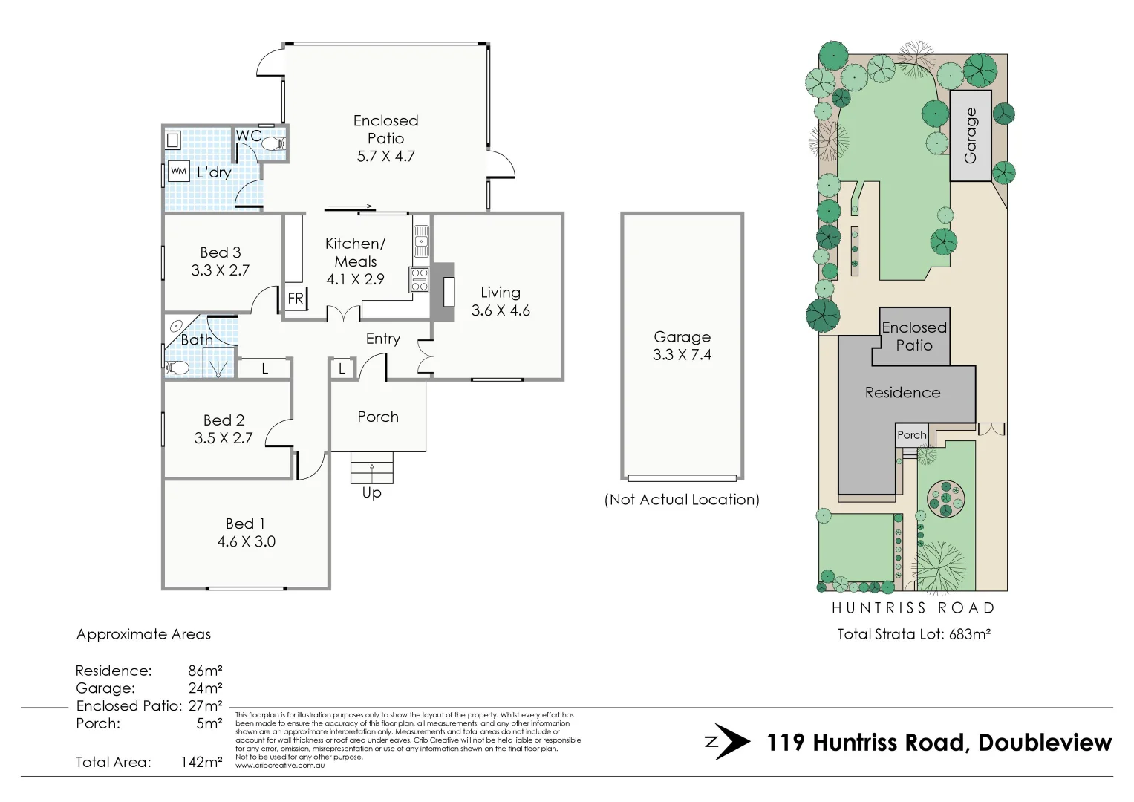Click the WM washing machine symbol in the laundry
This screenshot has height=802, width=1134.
click(x=178, y=172)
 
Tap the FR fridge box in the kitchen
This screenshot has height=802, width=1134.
click(x=296, y=299)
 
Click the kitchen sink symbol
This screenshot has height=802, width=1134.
click(x=421, y=241)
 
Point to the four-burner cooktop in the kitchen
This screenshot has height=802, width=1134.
click(x=420, y=280)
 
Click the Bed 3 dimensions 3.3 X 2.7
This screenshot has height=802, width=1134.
click(x=220, y=271)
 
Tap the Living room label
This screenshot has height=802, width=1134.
click(x=501, y=293)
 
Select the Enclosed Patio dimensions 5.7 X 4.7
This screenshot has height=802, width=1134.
click(x=385, y=157)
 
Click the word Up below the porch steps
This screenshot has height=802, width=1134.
click(x=371, y=493)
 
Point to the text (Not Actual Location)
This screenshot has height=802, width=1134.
click(x=682, y=500)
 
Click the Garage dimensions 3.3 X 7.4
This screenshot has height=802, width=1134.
click(x=682, y=355)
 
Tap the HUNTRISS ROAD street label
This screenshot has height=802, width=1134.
click(x=913, y=608)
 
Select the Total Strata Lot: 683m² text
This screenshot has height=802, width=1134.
click(x=914, y=634)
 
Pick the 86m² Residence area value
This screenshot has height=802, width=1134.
click(x=205, y=671)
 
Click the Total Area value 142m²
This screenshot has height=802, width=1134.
click(x=201, y=762)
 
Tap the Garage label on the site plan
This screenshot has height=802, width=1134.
click(x=971, y=136)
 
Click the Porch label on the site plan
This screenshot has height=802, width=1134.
click(x=911, y=435)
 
